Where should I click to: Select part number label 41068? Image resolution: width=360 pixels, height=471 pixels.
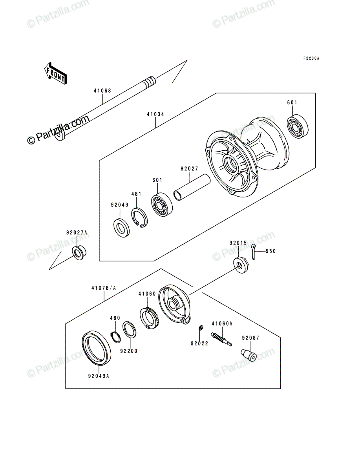pyautogui.click(x=102, y=91)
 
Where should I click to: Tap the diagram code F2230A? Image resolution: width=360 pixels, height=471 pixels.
pyautogui.click(x=311, y=58)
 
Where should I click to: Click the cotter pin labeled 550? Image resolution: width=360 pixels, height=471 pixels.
pyautogui.click(x=253, y=252)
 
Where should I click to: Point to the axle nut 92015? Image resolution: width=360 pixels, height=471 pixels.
pyautogui.click(x=241, y=265)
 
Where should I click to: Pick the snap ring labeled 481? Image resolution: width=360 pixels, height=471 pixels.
pyautogui.click(x=139, y=217)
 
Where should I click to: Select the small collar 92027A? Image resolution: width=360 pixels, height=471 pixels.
pyautogui.click(x=79, y=252)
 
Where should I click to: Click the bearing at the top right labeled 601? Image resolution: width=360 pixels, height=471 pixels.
pyautogui.click(x=298, y=126)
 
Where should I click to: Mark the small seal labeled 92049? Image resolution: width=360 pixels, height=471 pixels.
pyautogui.click(x=121, y=227)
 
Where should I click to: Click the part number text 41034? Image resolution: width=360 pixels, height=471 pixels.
pyautogui.click(x=155, y=114)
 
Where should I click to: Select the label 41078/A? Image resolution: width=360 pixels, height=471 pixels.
pyautogui.click(x=104, y=288)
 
